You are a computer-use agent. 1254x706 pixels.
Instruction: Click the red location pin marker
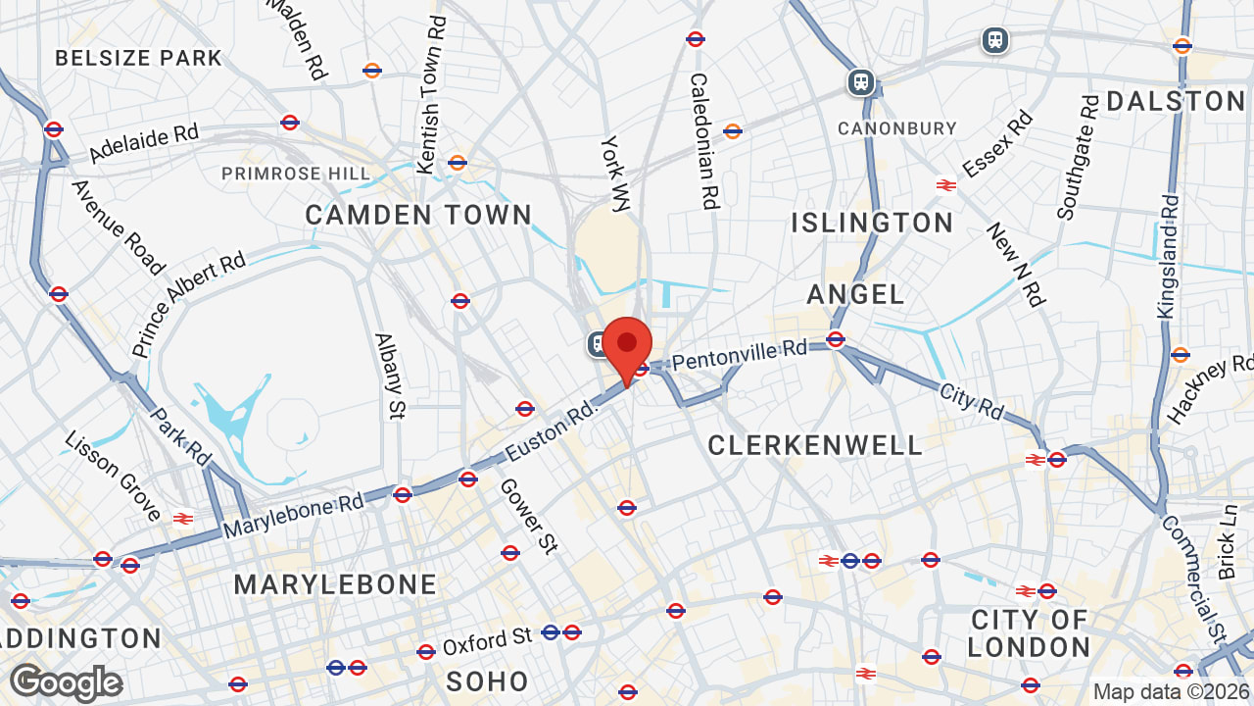click(x=627, y=345)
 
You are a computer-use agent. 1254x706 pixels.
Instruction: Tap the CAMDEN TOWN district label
click(x=418, y=215)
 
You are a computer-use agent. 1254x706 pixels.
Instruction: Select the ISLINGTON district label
click(x=872, y=223)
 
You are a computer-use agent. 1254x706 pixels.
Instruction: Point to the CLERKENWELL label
click(x=815, y=446)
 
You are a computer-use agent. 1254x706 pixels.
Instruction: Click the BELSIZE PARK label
click(x=138, y=58)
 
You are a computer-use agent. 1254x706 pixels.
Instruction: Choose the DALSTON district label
click(x=1176, y=101)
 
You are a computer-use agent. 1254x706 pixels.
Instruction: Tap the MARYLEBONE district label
click(x=335, y=584)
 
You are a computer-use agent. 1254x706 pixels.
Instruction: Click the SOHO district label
click(x=487, y=681)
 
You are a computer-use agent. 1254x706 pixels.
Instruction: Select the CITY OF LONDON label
click(x=1030, y=633)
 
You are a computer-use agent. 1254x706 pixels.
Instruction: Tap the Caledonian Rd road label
click(x=704, y=141)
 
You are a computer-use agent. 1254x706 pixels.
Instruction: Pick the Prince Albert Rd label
click(x=188, y=305)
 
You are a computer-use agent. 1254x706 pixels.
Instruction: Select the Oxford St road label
click(x=487, y=642)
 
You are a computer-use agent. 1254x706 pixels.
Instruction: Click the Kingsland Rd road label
click(x=1168, y=255)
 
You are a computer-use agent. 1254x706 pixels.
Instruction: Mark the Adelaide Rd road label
click(x=143, y=143)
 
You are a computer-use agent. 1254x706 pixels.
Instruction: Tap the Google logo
click(x=66, y=682)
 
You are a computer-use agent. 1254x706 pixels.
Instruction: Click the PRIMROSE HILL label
click(x=296, y=174)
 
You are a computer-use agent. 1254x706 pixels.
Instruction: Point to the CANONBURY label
click(x=896, y=128)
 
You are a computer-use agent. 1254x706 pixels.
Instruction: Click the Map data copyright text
click(x=1172, y=692)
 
